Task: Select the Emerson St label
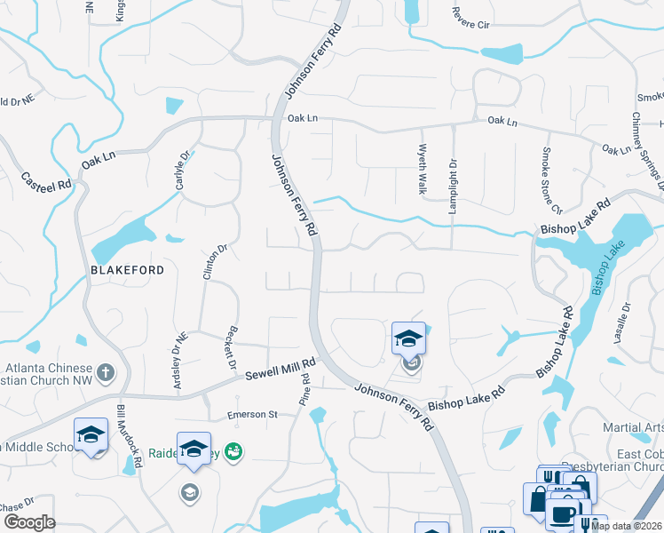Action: tap(253, 414)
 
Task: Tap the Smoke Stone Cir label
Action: tap(551, 180)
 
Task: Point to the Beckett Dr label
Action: tap(232, 347)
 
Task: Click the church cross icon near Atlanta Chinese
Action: tap(105, 371)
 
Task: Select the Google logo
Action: tap(29, 522)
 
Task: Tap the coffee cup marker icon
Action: tap(562, 514)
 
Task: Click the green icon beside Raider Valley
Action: tap(233, 451)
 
